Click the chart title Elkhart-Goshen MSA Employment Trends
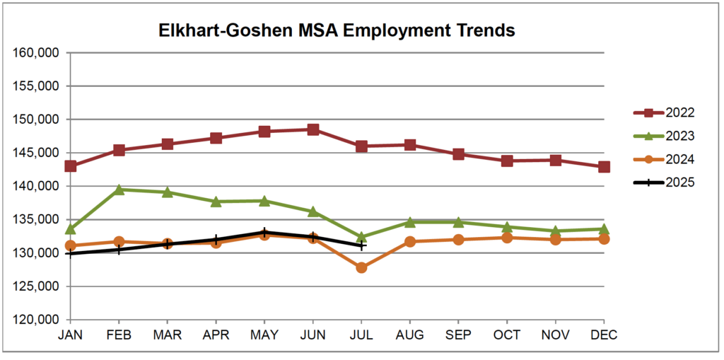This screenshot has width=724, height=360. pos(335,30)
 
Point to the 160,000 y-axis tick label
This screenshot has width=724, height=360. pos(36,53)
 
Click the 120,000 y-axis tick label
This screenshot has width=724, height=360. pos(36,320)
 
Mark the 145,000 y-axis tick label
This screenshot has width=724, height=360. pos(36,153)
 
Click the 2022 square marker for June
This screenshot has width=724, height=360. pos(313,129)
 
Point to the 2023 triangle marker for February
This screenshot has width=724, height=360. pos(119,190)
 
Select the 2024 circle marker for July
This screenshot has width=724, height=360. pos(361,267)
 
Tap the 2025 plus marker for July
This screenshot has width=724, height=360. pos(361,245)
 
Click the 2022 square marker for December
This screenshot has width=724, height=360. pos(604,167)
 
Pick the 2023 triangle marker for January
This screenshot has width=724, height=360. pos(71,229)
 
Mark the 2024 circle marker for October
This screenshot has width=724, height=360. pos(507,238)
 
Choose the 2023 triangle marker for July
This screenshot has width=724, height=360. pos(361,238)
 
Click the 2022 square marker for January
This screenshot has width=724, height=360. pos(71,166)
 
